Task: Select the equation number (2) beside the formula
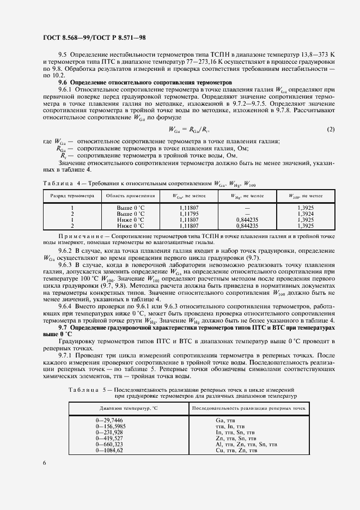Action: pos(331,129)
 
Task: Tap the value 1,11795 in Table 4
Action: pos(188,214)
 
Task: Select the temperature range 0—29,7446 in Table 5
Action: pos(109,421)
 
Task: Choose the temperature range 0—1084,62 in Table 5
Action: pos(109,450)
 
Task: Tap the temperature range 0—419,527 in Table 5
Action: pos(109,438)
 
